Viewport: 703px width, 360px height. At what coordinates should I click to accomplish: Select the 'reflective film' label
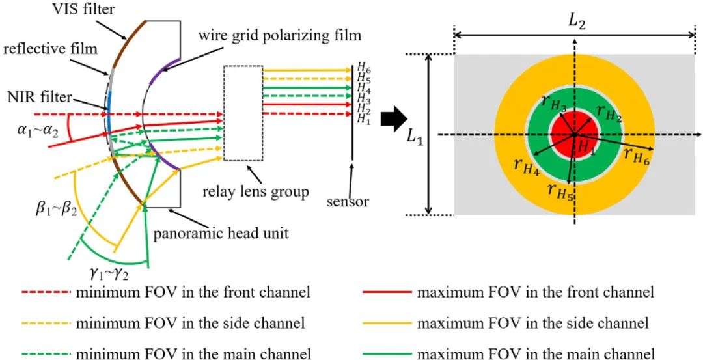coord(50,48)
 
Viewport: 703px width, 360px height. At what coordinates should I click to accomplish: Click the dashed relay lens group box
coord(243,113)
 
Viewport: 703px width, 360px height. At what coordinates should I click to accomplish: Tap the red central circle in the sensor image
coord(574,135)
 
